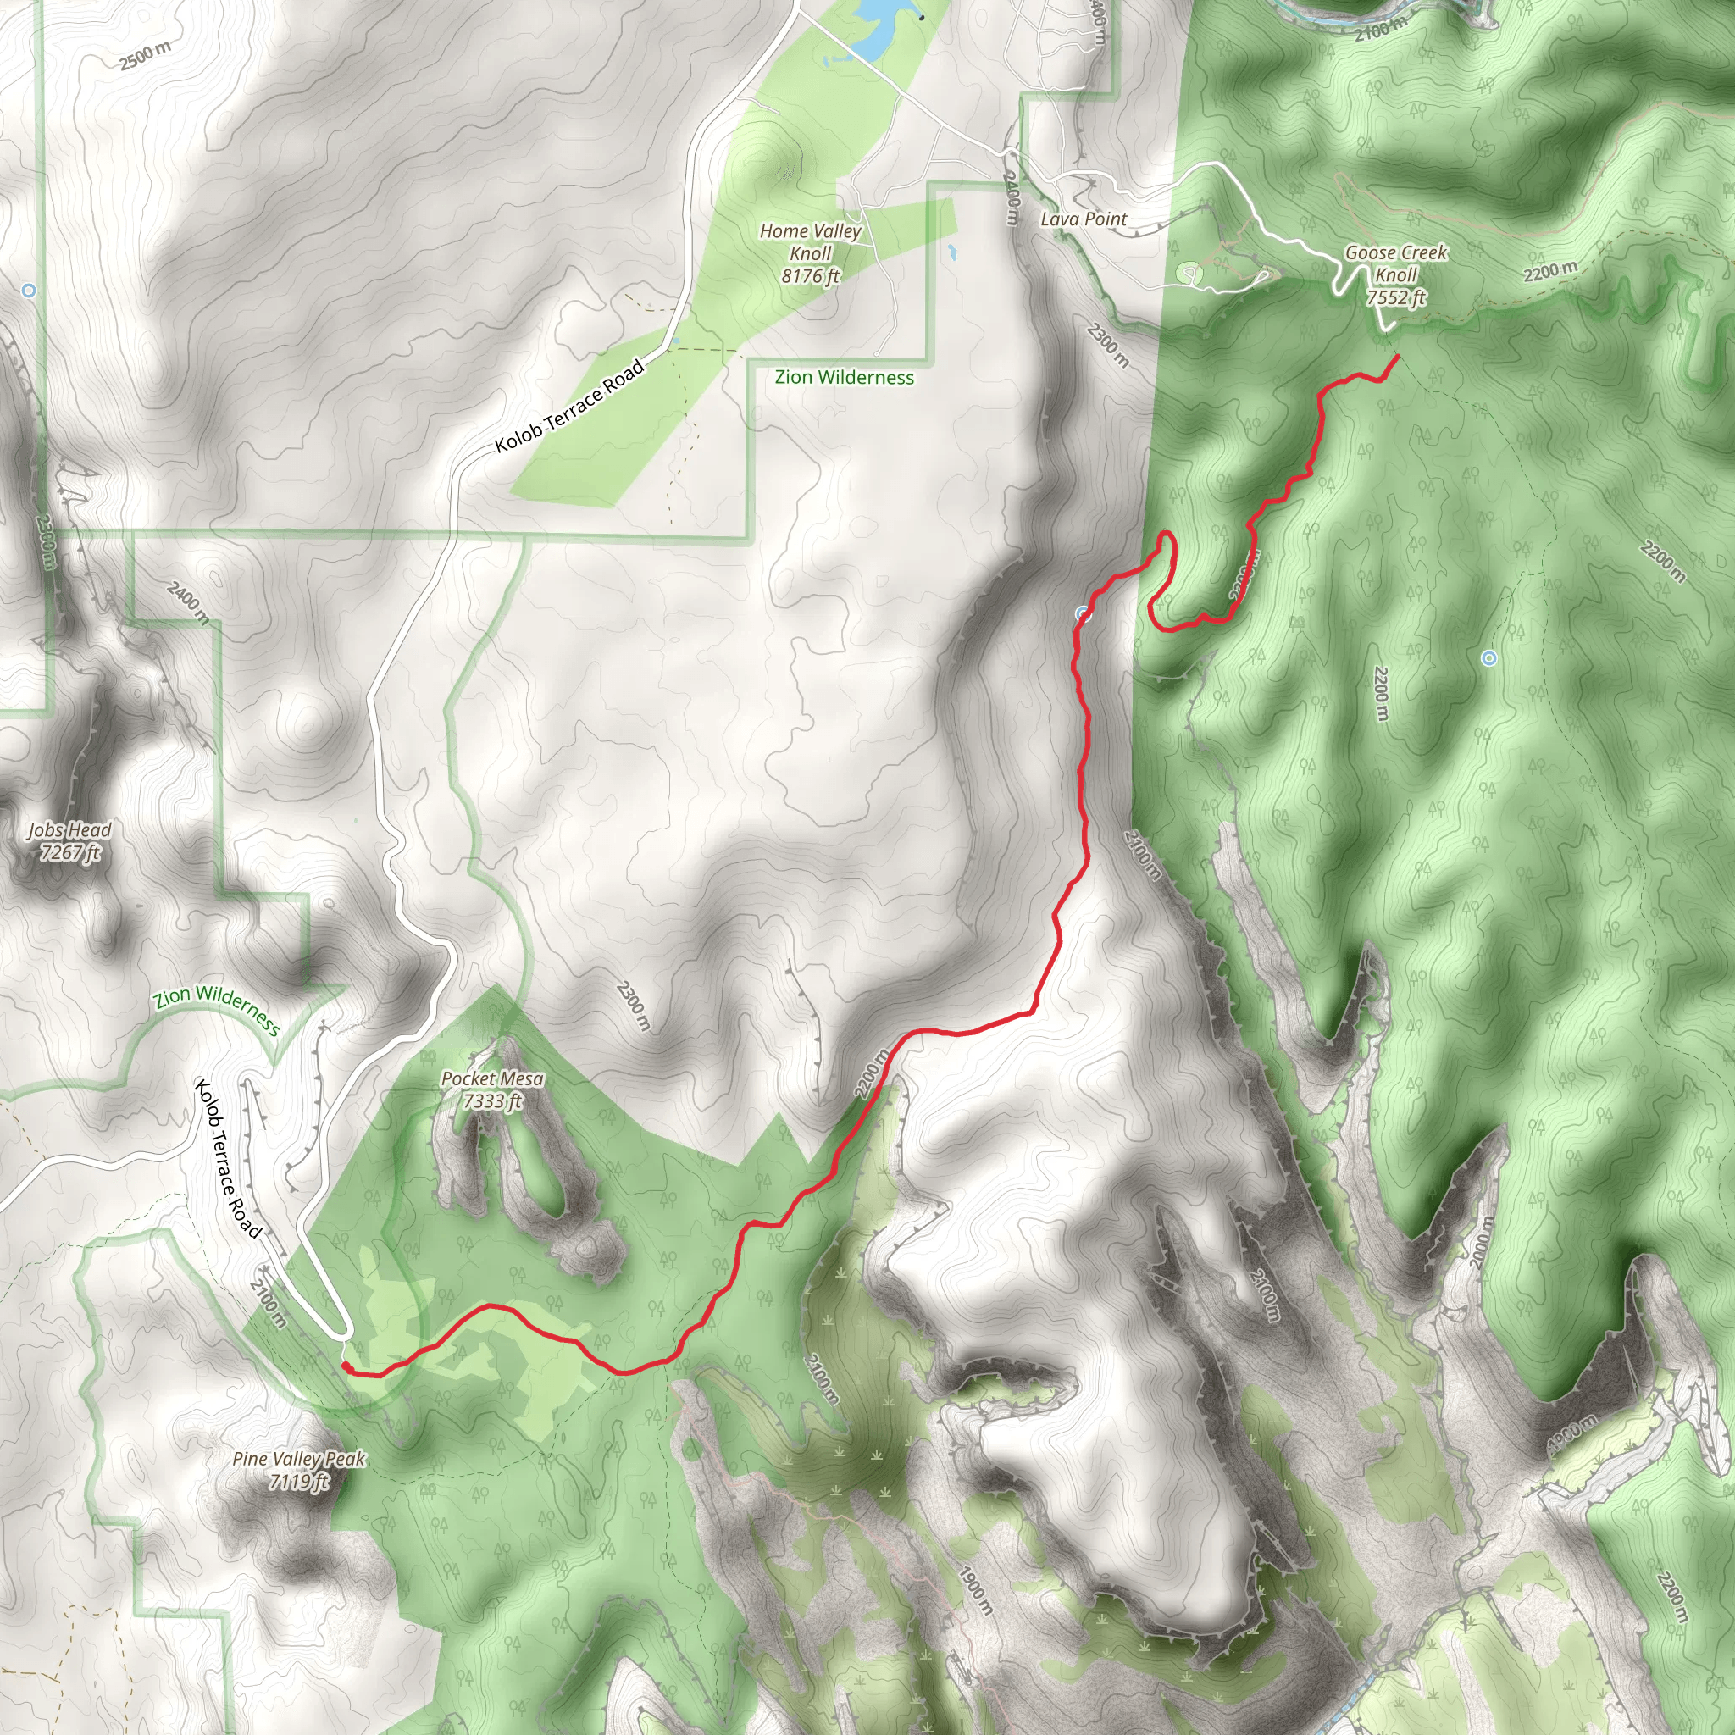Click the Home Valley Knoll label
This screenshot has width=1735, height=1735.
810,253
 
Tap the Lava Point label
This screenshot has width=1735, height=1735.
1083,219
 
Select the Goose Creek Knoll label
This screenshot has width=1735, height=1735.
1395,274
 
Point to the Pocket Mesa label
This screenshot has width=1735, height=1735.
492,1089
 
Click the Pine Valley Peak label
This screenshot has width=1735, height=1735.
298,1469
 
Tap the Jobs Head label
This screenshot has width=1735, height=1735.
69,840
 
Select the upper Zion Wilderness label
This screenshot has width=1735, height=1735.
844,378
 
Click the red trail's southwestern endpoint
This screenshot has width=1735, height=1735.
346,1366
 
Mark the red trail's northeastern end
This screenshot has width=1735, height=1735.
1398,357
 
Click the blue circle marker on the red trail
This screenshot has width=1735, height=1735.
1083,615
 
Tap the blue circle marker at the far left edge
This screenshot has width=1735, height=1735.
29,291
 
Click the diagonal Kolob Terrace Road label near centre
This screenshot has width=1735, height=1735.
570,406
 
